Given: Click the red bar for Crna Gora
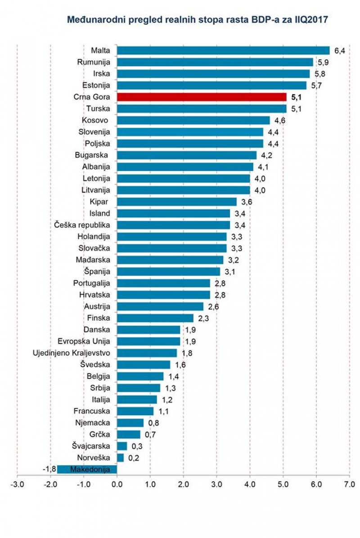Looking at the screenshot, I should tap(201, 97).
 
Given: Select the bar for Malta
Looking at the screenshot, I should tap(223, 50).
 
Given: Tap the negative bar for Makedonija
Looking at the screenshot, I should tap(87, 470).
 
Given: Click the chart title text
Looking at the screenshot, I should tap(197, 20).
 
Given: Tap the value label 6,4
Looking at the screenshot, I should tap(339, 50).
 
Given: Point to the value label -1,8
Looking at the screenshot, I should tap(49, 470).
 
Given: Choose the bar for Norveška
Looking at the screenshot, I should tap(120, 458).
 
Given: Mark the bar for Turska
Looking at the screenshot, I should tap(201, 108).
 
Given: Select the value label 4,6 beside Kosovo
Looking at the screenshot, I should tap(279, 120).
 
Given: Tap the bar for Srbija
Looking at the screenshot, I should tap(138, 388).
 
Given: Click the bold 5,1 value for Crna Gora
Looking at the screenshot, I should tap(297, 97).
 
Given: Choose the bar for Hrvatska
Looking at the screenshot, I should tap(163, 295).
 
